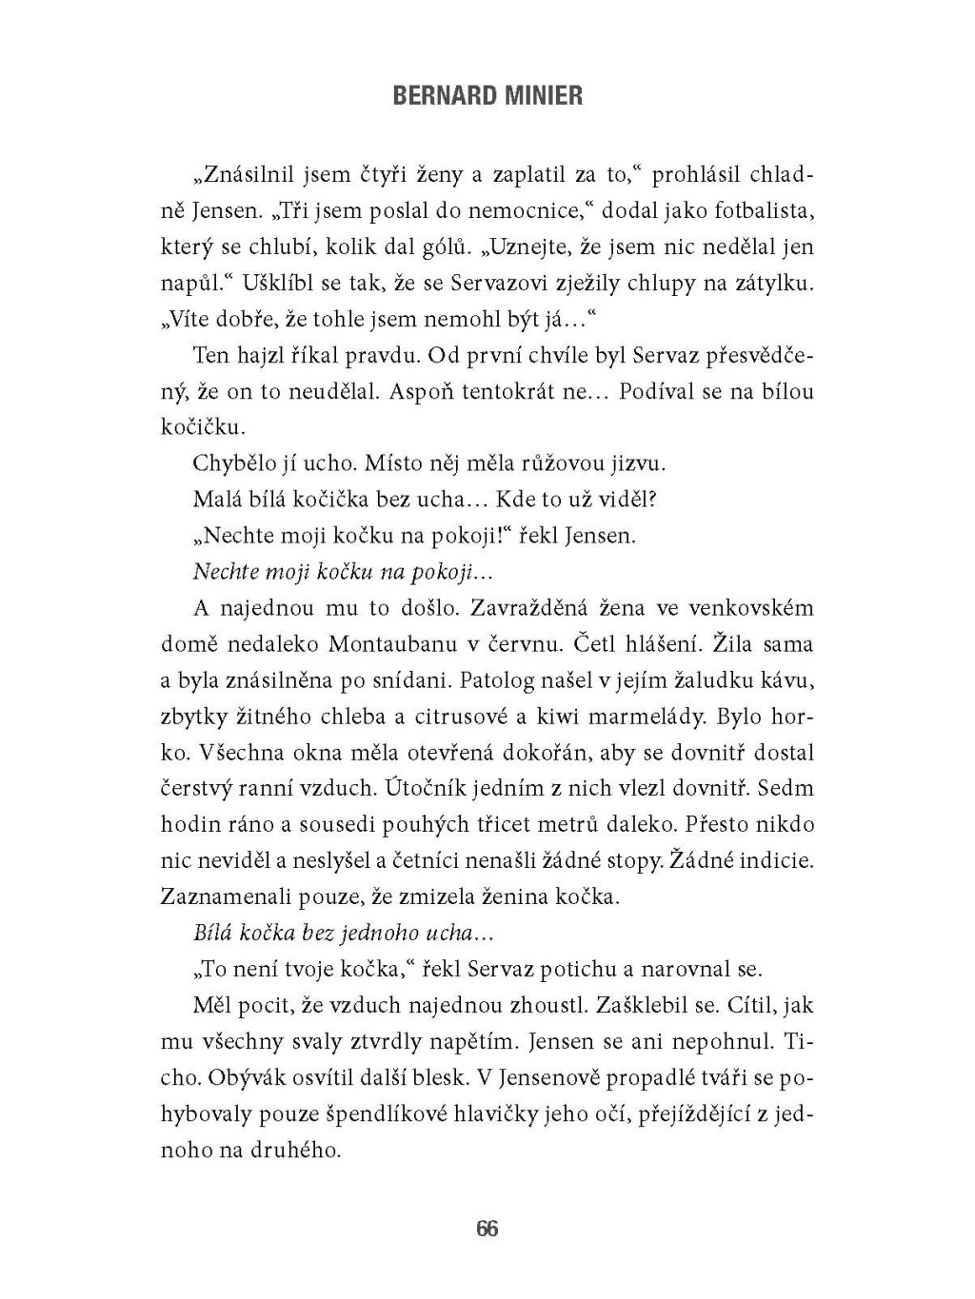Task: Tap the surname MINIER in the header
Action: click(x=545, y=97)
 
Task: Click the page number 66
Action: click(x=487, y=1228)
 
